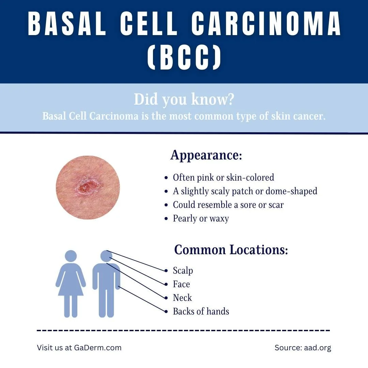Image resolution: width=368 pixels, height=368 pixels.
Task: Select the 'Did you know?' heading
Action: pos(184,99)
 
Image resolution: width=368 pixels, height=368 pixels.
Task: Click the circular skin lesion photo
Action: pos(88,187)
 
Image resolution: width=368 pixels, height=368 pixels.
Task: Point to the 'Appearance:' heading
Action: pos(206,155)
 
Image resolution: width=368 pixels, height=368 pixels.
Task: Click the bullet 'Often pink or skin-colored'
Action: pos(223,178)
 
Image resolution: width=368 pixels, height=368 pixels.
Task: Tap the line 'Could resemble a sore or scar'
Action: pos(228,205)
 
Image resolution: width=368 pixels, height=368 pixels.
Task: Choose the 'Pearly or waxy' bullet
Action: pos(201,218)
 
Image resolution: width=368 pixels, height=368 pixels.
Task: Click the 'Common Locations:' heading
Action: pos(231,250)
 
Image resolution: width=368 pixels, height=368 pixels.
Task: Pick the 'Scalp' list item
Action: pos(183,271)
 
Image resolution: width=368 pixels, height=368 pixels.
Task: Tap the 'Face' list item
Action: pos(181,284)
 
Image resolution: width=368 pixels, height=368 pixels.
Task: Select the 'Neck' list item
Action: pos(182,298)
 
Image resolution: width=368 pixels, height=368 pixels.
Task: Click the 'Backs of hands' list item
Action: pos(201,311)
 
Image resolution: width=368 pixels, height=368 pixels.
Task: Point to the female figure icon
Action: pos(71,283)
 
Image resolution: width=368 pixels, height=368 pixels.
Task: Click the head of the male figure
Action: pos(106,256)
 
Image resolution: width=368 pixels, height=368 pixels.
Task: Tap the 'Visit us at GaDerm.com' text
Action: pos(79,348)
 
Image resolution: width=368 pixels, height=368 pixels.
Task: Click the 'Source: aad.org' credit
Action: pos(303,348)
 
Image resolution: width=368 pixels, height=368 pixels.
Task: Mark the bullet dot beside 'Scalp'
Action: pos(166,271)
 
